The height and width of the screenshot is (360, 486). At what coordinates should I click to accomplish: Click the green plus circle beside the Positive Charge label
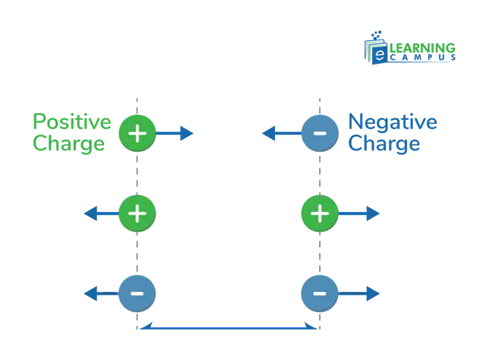(137, 134)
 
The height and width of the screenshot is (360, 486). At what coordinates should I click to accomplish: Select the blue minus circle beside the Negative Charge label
(320, 134)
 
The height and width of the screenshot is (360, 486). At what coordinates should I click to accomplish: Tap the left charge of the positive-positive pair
(137, 213)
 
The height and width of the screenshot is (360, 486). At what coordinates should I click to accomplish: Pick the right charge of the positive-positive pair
(320, 213)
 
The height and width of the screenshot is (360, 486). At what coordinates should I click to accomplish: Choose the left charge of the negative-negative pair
(137, 293)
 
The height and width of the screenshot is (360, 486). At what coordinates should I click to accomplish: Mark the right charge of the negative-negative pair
(320, 293)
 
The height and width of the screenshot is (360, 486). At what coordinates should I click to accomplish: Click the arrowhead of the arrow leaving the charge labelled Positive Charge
(187, 134)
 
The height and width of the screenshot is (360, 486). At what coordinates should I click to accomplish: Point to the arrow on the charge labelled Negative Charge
(282, 134)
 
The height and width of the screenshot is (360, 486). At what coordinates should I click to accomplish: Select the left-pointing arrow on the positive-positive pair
(102, 213)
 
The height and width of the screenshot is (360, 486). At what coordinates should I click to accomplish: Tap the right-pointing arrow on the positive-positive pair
(358, 213)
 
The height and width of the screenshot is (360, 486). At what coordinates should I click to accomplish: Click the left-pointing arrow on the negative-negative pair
(102, 293)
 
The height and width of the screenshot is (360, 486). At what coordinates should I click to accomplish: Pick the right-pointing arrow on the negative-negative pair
(358, 293)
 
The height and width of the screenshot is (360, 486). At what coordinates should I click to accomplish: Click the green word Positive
(72, 122)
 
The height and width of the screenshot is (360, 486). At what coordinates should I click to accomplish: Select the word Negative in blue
(393, 122)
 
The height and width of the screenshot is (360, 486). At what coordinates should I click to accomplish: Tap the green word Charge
(69, 144)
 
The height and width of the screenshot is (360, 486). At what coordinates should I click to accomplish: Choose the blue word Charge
(384, 144)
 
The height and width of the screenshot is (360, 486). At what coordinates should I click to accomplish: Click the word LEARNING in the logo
(422, 48)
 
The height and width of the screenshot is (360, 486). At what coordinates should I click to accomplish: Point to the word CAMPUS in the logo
(423, 58)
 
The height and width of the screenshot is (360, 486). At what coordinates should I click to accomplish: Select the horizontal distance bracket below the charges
(229, 327)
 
